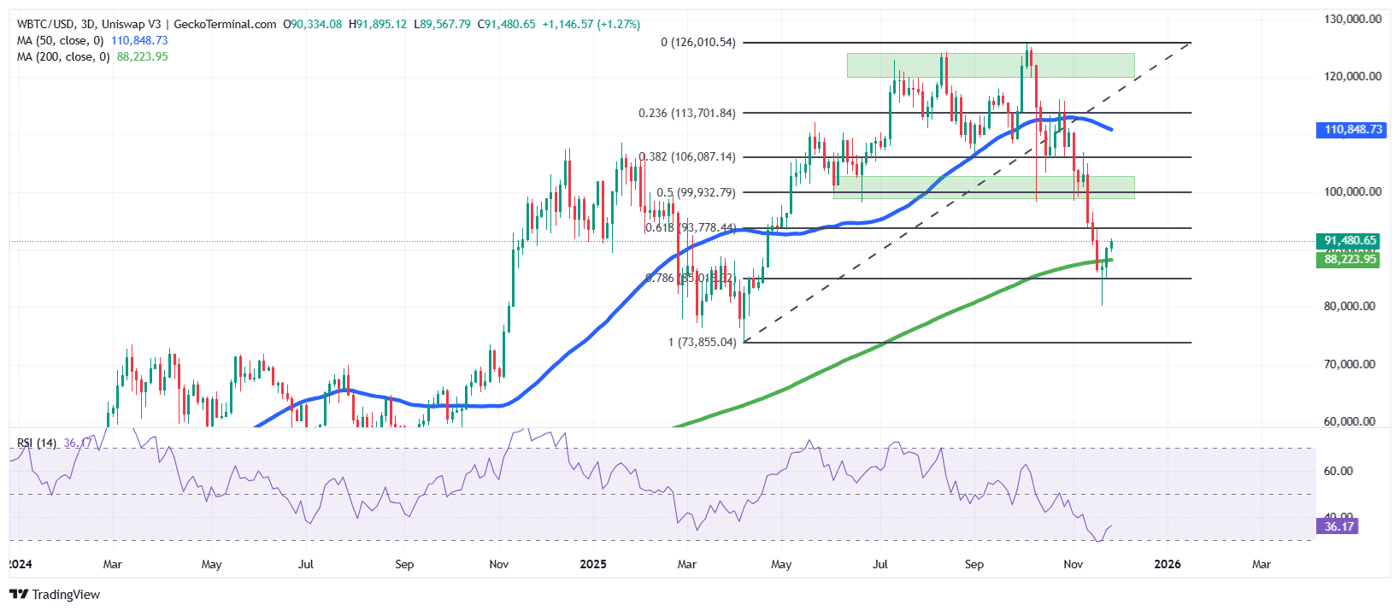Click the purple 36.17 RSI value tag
(1338, 526)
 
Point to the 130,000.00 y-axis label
(1352, 19)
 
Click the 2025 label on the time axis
(592, 564)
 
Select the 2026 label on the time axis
(1167, 564)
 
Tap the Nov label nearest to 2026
(1073, 564)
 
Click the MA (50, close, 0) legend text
(60, 40)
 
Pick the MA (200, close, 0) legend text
(63, 56)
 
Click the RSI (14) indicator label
(37, 443)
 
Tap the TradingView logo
(55, 594)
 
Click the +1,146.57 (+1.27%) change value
(590, 24)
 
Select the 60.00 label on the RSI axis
(1338, 471)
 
